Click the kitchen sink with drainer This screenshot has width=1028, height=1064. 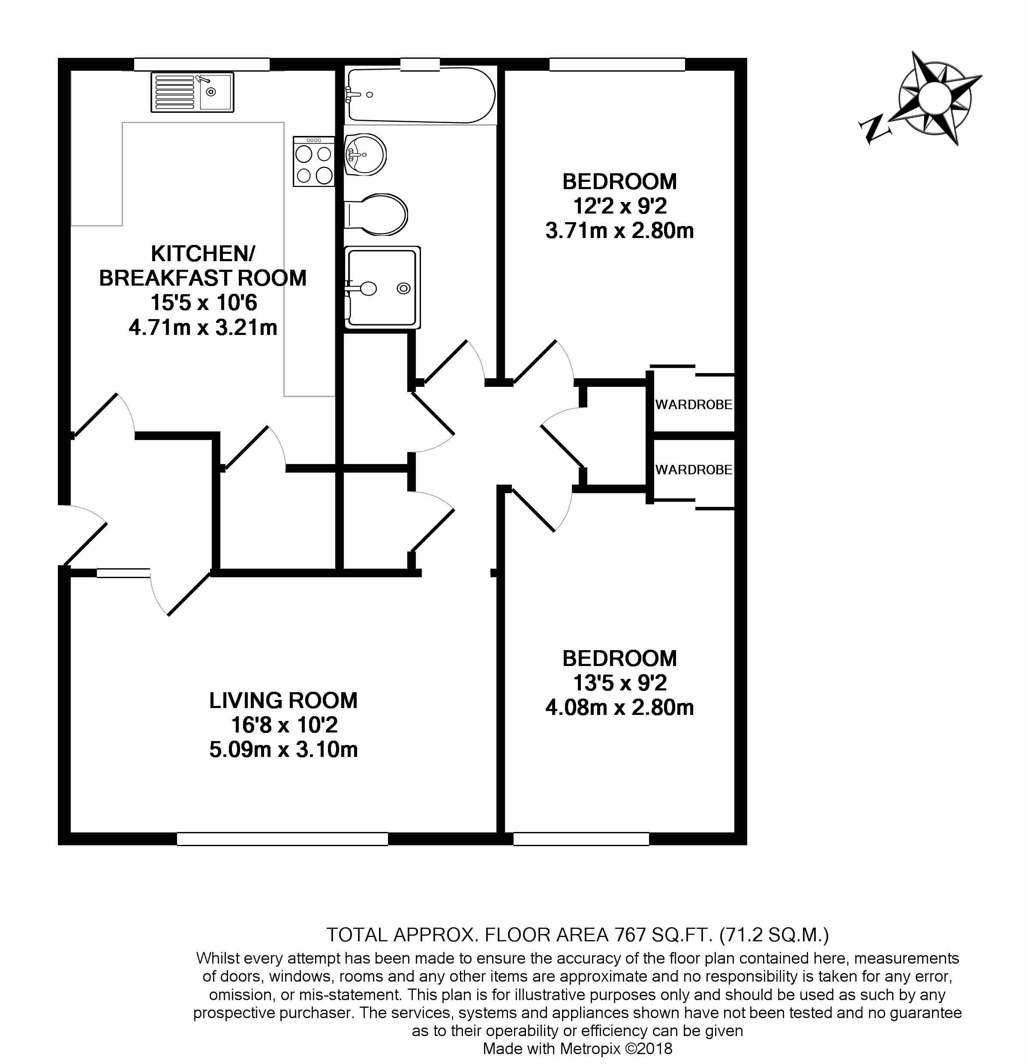[x=192, y=92]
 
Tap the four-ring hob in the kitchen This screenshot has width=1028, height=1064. [x=314, y=161]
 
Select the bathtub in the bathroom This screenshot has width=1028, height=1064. [x=421, y=95]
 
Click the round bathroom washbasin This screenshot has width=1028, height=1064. [x=365, y=155]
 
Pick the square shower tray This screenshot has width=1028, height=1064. [x=383, y=287]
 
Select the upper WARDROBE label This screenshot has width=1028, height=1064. [x=694, y=404]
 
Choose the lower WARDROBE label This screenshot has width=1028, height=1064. [x=694, y=470]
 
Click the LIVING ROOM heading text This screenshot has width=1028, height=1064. [x=283, y=700]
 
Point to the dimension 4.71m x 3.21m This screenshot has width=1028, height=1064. [x=203, y=327]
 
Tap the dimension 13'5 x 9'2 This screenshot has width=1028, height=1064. [x=620, y=683]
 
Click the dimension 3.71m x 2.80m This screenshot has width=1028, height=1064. [x=620, y=231]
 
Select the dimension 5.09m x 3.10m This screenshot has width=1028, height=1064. [x=283, y=750]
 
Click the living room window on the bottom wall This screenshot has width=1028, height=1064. [x=282, y=839]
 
